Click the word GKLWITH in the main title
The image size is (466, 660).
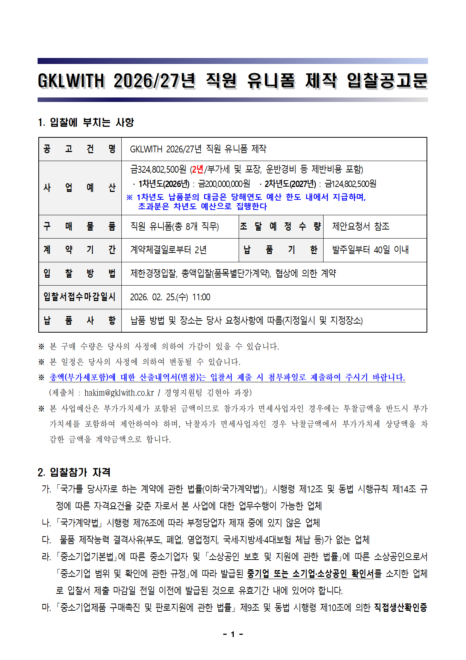(x=71, y=81)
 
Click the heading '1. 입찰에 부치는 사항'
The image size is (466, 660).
(x=86, y=122)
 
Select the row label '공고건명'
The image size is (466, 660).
(x=80, y=149)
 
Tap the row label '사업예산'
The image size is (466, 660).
(x=80, y=188)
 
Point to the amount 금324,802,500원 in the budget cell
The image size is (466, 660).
(x=158, y=170)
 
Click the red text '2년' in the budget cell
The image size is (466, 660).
(x=198, y=170)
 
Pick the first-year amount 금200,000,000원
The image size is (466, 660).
(x=224, y=184)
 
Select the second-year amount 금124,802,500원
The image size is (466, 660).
(x=350, y=184)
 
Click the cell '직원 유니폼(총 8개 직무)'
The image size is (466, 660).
(x=174, y=227)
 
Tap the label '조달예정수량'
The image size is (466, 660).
(x=280, y=227)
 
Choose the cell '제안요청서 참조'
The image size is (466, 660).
(x=361, y=227)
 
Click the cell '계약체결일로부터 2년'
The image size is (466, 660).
(x=168, y=250)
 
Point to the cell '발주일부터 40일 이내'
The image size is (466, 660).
(x=371, y=250)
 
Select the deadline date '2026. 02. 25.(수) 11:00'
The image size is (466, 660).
(x=170, y=297)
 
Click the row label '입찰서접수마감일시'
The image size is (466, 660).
(x=80, y=297)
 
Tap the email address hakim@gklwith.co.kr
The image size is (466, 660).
(x=119, y=393)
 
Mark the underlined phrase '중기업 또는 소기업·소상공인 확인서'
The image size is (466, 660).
(x=310, y=574)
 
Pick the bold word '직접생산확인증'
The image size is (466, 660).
(x=401, y=607)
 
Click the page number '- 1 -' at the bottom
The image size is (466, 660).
(x=233, y=634)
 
